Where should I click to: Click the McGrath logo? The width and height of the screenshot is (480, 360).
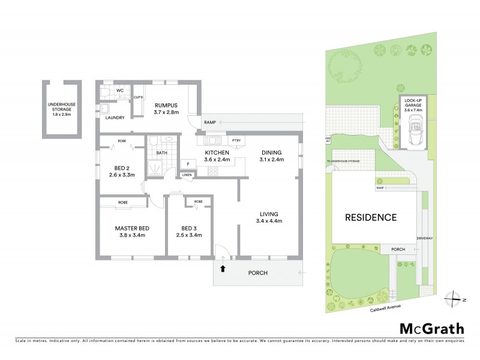tap(431, 328)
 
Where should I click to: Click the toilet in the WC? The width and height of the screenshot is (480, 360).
tap(106, 93)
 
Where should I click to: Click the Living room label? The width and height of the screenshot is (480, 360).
tap(271, 217)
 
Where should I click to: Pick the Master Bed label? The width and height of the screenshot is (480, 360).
tap(132, 232)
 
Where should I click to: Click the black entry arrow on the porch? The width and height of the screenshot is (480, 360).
tap(223, 268)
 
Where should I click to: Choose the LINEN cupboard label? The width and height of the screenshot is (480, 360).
tap(187, 175)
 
